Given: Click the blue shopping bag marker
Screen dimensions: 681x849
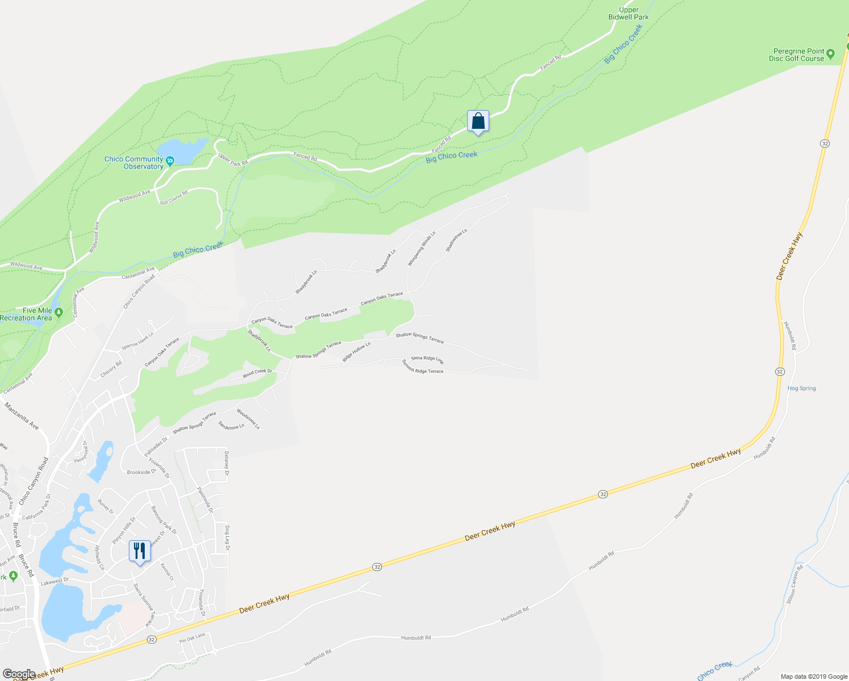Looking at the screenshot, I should pyautogui.click(x=478, y=121).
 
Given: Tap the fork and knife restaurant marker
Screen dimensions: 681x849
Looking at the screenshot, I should pyautogui.click(x=140, y=551).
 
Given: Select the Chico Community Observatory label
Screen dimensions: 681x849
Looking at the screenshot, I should pyautogui.click(x=134, y=163).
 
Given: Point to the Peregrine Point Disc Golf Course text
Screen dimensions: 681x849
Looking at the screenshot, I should pyautogui.click(x=796, y=55).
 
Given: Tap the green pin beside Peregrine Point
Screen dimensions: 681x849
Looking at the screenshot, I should pyautogui.click(x=831, y=54).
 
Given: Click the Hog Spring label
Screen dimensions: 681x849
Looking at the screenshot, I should pyautogui.click(x=801, y=389).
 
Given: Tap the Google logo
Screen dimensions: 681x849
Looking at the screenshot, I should pyautogui.click(x=19, y=674).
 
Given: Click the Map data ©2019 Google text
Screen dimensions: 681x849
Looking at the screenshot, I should pyautogui.click(x=814, y=676).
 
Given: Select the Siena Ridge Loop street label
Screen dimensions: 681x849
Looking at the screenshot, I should pyautogui.click(x=427, y=360).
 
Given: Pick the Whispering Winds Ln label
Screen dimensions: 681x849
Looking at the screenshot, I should pyautogui.click(x=421, y=249).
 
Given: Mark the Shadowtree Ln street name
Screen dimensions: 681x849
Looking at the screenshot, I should pyautogui.click(x=456, y=241).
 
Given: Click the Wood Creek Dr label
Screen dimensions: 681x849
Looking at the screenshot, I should pyautogui.click(x=257, y=373).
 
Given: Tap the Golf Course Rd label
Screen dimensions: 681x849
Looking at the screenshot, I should pyautogui.click(x=173, y=197).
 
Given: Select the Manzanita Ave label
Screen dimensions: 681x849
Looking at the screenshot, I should pyautogui.click(x=22, y=416).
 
